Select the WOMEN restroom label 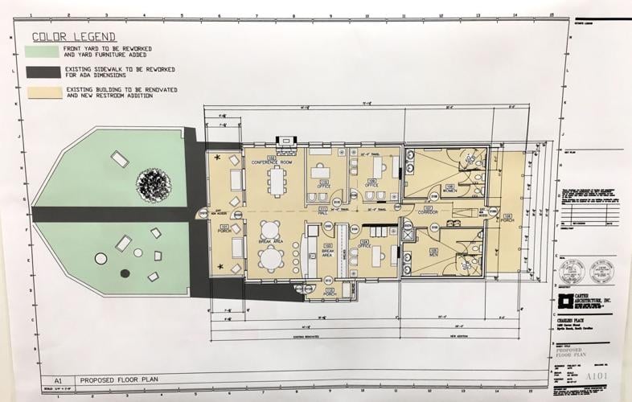[x=449, y=191]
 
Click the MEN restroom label [x=433, y=254]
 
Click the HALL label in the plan [x=322, y=211]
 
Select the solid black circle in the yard [x=125, y=273]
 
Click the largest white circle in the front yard [x=101, y=259]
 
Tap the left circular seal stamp [x=570, y=272]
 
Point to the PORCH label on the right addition [x=507, y=219]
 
